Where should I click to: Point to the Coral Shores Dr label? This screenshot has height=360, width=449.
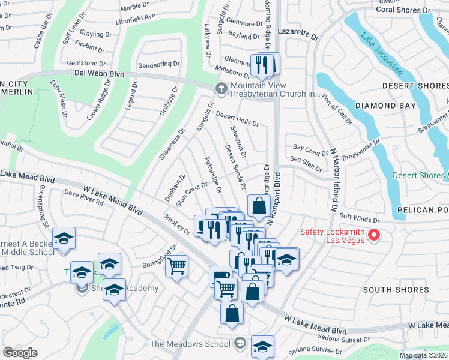point(404,10)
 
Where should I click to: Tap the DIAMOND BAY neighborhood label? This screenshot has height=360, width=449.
point(385,106)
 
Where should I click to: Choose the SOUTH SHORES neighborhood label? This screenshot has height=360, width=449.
point(396,290)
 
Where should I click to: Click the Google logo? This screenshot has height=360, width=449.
point(20,353)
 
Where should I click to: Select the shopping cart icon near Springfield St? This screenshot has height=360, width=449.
point(177,265)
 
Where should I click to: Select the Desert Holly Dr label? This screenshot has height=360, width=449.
point(237,119)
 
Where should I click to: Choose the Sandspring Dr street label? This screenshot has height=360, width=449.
point(159,64)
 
